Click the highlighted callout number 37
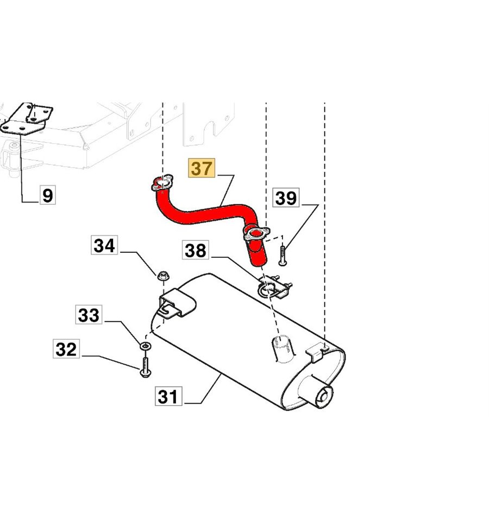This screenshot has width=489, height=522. [x=202, y=168]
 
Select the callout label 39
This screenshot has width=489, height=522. [x=286, y=198]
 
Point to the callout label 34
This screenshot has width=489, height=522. [x=104, y=245]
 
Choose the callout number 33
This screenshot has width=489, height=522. [x=89, y=315]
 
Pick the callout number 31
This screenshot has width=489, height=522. [x=168, y=397]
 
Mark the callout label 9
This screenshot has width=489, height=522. [x=48, y=195]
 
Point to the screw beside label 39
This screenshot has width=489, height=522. [x=283, y=256]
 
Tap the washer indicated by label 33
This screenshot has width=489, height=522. [x=145, y=346]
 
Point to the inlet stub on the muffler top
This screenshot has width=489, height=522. [x=280, y=347]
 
